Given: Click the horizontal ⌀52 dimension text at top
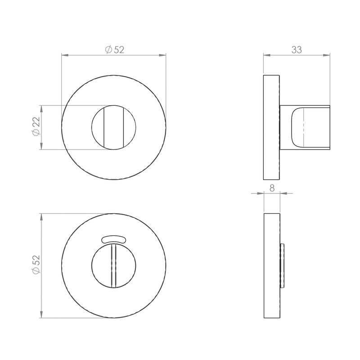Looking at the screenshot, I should pyautogui.click(x=114, y=50).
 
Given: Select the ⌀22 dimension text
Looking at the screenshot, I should pyautogui.click(x=36, y=127).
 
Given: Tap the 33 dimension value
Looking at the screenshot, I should pyautogui.click(x=296, y=50).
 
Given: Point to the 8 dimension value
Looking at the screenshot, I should pyautogui.click(x=272, y=189).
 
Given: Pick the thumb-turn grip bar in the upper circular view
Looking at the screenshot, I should pyautogui.click(x=113, y=127).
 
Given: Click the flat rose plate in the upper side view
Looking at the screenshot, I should pyautogui.click(x=271, y=127).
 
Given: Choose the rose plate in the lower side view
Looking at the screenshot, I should pyautogui.click(x=271, y=265).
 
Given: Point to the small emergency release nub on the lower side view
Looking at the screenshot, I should pyautogui.click(x=282, y=265).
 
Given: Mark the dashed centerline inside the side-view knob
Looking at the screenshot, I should pyautogui.click(x=305, y=127).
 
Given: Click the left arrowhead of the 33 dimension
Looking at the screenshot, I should pyautogui.click(x=266, y=55).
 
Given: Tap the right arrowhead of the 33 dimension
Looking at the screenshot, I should pyautogui.click(x=327, y=55).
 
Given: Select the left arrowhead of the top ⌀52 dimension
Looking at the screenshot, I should pyautogui.click(x=64, y=55).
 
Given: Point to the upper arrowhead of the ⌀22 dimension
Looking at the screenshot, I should pyautogui.click(x=41, y=108).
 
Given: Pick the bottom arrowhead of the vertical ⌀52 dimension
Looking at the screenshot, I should pyautogui.click(x=41, y=315).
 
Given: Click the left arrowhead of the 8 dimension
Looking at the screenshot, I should pyautogui.click(x=261, y=194).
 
